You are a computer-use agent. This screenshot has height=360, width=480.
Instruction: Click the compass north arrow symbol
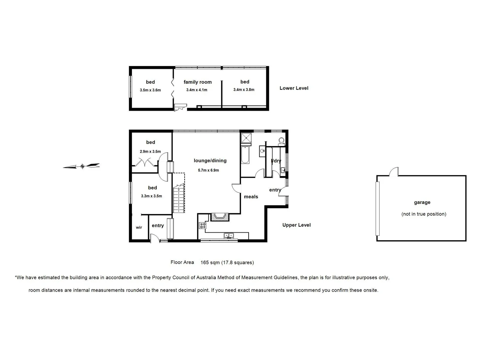pyautogui.click(x=82, y=166)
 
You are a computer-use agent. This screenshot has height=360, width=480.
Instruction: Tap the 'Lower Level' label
pyautogui.click(x=294, y=88)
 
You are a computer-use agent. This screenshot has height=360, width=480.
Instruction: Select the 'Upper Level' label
pyautogui.click(x=296, y=225)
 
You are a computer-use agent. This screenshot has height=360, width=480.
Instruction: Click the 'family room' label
pyautogui.click(x=197, y=82)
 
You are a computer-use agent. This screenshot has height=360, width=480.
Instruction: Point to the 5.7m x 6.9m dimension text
pyautogui.click(x=208, y=170)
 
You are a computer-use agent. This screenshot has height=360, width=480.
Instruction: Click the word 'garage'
pyautogui.click(x=422, y=202)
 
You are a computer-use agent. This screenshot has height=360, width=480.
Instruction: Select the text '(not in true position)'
pyautogui.click(x=424, y=214)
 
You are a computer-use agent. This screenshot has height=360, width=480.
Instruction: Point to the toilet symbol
pyautogui.click(x=282, y=141)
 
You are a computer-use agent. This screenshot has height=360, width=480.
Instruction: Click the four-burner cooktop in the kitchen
pyautogui.click(x=202, y=226)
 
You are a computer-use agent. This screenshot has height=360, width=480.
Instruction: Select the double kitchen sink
pyautogui.click(x=229, y=236)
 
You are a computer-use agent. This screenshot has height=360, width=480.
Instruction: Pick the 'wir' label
pyautogui.click(x=139, y=228)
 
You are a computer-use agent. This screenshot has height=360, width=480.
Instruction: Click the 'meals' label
pyautogui.click(x=251, y=197)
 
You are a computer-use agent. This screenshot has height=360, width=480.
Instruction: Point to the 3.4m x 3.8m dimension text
pyautogui.click(x=244, y=90)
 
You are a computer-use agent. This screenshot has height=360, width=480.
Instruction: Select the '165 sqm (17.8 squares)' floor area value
pyautogui.click(x=227, y=262)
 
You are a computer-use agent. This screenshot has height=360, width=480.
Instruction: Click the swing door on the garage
pyautogui.click(x=394, y=172)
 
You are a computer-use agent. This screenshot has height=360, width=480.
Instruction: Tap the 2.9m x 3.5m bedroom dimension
pyautogui.click(x=150, y=152)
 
